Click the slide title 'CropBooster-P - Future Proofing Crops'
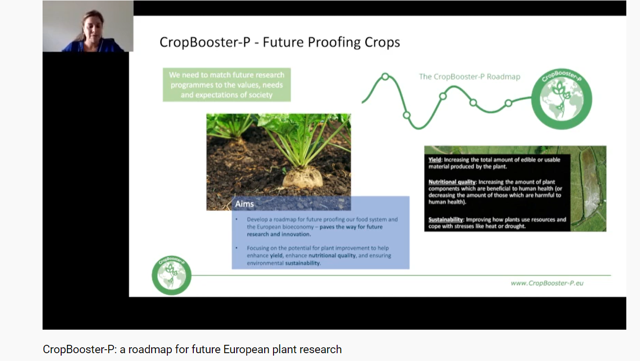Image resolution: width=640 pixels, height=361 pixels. pyautogui.click(x=280, y=42)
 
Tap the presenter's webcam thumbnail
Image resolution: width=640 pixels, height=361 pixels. pyautogui.click(x=88, y=26)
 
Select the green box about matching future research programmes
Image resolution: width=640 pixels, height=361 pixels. pyautogui.click(x=227, y=85)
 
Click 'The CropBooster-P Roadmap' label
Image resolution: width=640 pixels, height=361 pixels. pyautogui.click(x=469, y=77)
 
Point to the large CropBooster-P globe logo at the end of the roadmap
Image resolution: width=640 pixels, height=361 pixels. pyautogui.click(x=561, y=98)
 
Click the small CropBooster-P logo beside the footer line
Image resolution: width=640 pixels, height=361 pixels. pyautogui.click(x=171, y=275)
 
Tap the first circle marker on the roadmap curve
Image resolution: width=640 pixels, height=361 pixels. pyautogui.click(x=385, y=76)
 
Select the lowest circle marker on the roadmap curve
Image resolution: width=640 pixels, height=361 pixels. pyautogui.click(x=407, y=115)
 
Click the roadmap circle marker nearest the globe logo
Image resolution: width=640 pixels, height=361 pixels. pyautogui.click(x=508, y=103)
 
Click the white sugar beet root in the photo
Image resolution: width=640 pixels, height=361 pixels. pyautogui.click(x=303, y=177)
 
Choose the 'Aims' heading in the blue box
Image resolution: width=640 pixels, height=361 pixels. pyautogui.click(x=244, y=204)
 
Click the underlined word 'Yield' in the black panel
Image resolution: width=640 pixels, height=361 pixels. pyautogui.click(x=434, y=160)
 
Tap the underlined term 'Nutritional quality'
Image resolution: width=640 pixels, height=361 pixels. pyautogui.click(x=452, y=182)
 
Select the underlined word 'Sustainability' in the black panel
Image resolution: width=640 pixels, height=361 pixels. pyautogui.click(x=445, y=219)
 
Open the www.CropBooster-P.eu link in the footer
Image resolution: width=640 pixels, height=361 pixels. pyautogui.click(x=547, y=283)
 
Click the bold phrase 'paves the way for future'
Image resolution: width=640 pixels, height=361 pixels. pyautogui.click(x=351, y=227)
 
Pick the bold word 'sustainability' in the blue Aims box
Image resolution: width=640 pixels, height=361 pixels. pyautogui.click(x=302, y=263)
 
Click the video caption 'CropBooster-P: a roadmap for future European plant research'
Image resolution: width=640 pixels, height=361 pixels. pyautogui.click(x=192, y=349)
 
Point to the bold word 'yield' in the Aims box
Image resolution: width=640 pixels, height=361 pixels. pyautogui.click(x=276, y=256)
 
